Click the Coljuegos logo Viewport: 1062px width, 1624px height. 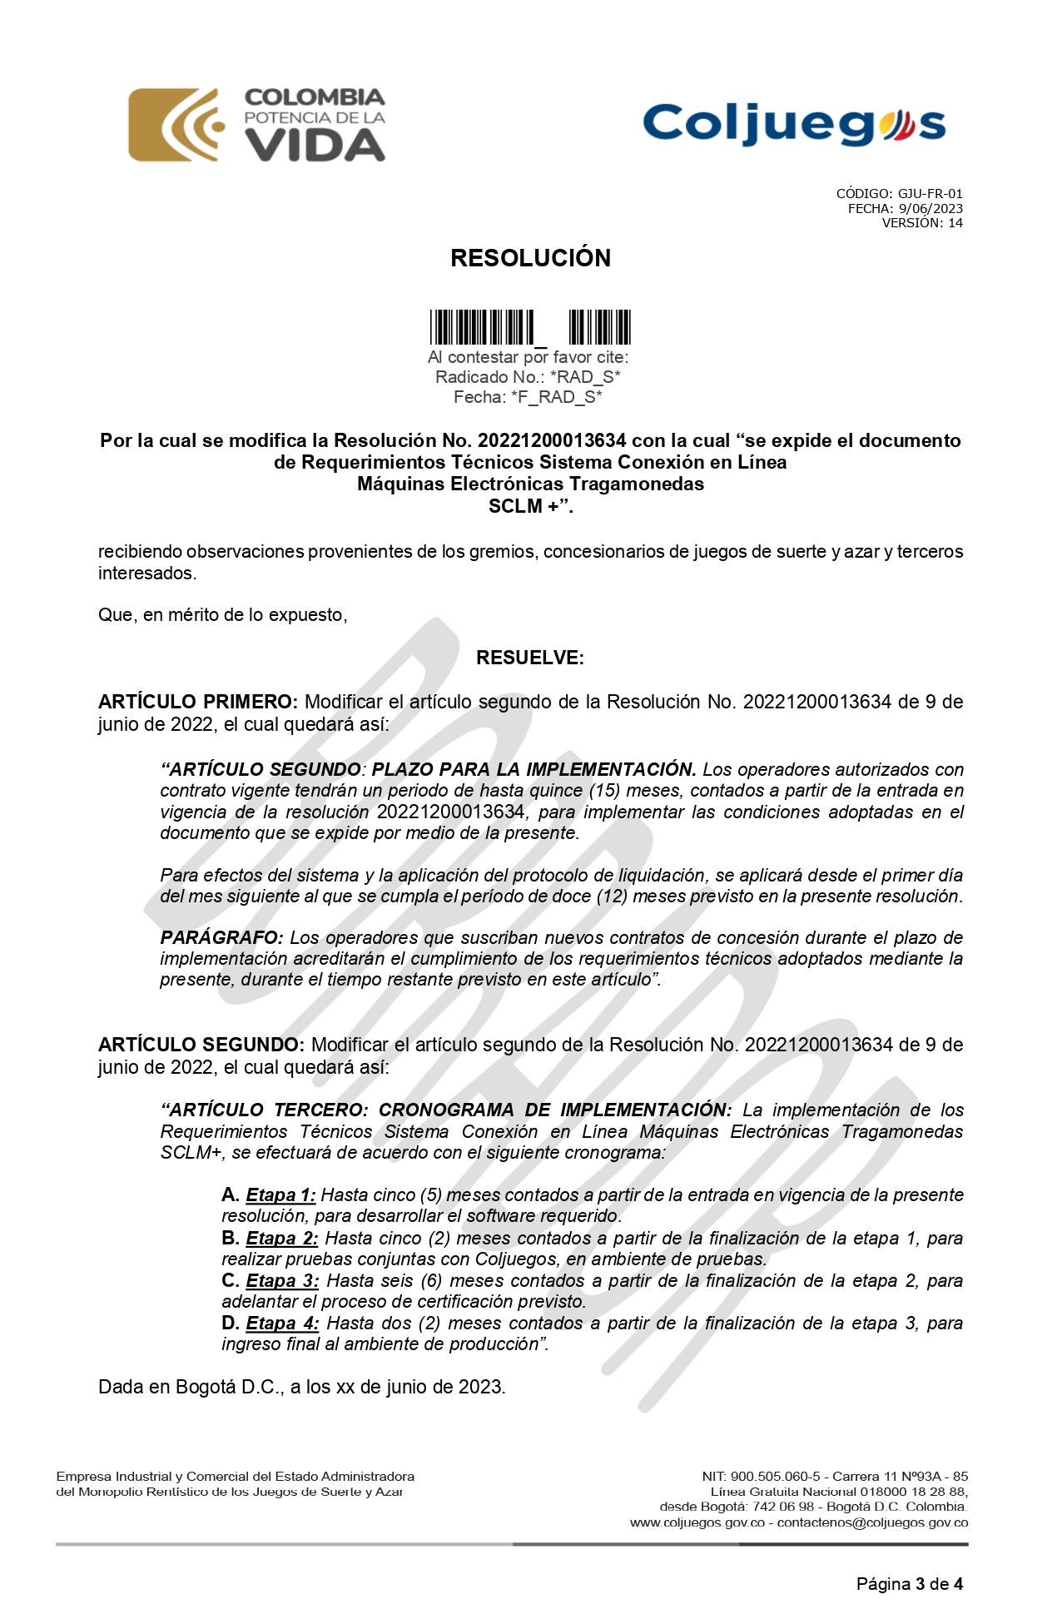tap(794, 125)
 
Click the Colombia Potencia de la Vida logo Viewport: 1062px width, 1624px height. tap(256, 125)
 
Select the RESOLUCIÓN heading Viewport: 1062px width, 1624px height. tap(530, 258)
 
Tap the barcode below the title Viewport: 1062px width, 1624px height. tap(530, 327)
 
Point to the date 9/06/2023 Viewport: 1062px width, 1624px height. tap(930, 209)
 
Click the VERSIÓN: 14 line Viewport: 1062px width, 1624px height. tap(921, 223)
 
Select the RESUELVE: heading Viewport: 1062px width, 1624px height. tap(530, 658)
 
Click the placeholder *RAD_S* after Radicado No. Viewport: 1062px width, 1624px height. tap(585, 377)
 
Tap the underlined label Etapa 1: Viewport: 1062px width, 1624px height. tap(280, 1195)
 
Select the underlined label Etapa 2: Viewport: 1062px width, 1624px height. tap(281, 1239)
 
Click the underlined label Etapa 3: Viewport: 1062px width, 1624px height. tap(282, 1281)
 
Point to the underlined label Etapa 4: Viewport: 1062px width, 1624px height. tap(282, 1324)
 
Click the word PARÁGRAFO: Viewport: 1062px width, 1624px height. tap(221, 938)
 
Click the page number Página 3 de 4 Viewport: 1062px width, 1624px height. tap(909, 1584)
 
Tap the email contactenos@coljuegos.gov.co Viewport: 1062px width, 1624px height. tap(872, 1522)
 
